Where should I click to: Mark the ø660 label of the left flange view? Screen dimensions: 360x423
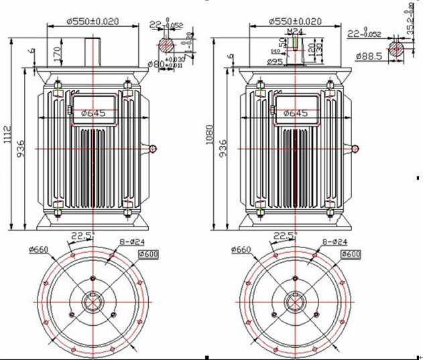[x=39, y=249]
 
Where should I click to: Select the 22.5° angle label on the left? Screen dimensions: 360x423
[x=82, y=235]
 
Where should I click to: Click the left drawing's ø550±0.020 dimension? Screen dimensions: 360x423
[x=93, y=21]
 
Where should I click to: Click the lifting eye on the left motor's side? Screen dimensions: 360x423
[x=154, y=147]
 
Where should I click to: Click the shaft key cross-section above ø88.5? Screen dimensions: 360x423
[x=398, y=48]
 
